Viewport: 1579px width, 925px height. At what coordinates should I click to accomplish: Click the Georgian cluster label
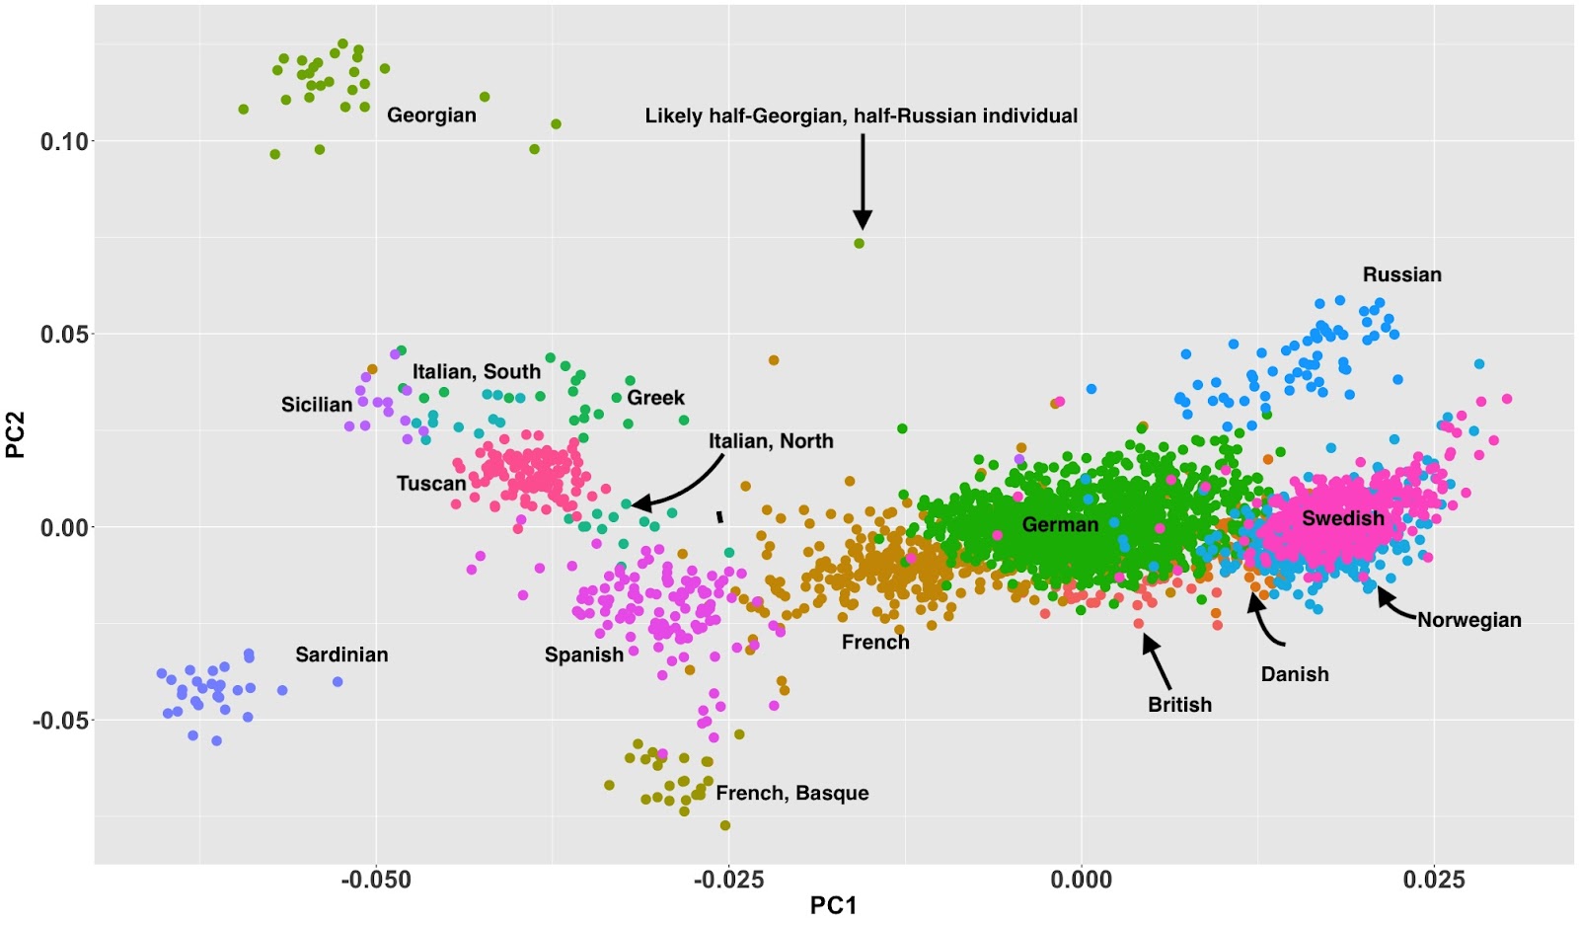(x=431, y=116)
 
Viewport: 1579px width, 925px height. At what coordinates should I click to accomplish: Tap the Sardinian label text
(x=341, y=655)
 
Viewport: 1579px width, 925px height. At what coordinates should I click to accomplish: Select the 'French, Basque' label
(x=791, y=793)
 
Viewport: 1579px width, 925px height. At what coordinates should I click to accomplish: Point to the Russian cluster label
(x=1401, y=274)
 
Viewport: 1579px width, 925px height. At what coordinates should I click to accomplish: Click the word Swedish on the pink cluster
(x=1342, y=518)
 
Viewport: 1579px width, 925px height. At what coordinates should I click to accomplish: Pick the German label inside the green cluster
(x=1060, y=524)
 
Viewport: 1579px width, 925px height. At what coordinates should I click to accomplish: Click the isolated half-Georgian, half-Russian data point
(x=859, y=243)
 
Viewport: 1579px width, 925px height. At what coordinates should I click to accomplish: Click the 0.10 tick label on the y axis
(x=64, y=141)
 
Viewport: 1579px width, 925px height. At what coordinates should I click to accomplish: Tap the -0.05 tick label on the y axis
(x=60, y=721)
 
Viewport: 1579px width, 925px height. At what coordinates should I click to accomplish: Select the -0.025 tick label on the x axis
(x=728, y=880)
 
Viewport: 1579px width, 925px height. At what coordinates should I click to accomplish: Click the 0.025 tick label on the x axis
(x=1434, y=880)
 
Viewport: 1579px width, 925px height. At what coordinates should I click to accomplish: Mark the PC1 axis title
(x=833, y=905)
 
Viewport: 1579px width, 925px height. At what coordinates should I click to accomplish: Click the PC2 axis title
(x=16, y=435)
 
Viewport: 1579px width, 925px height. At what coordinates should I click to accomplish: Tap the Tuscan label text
(x=431, y=484)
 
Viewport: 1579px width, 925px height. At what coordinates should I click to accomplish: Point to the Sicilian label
(x=317, y=405)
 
